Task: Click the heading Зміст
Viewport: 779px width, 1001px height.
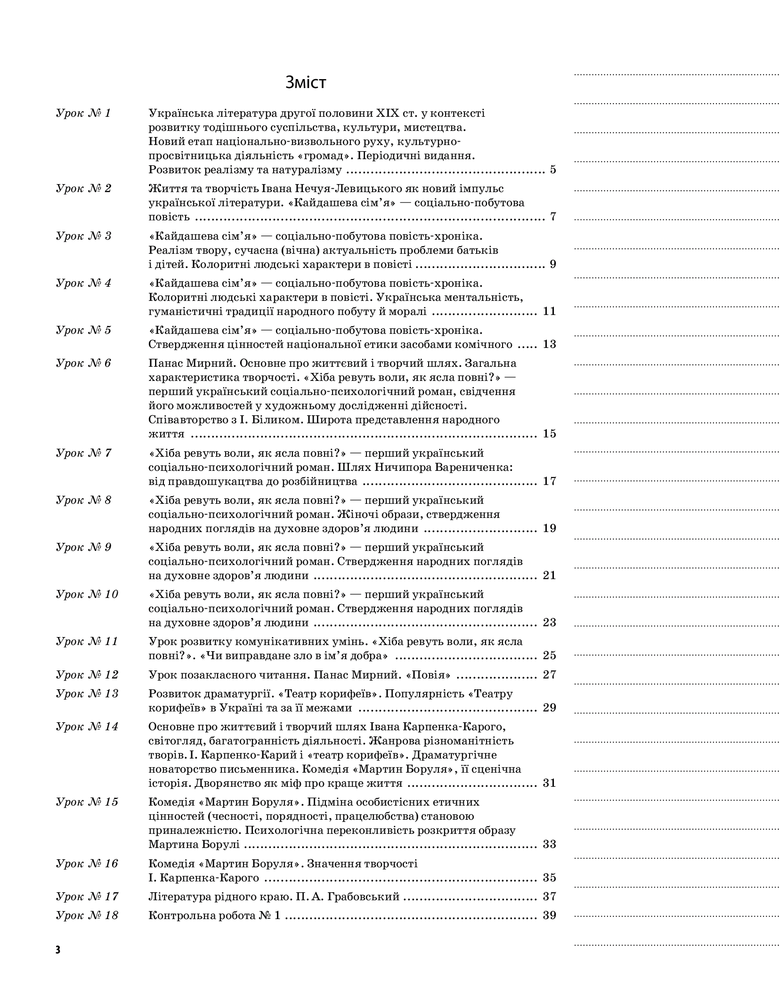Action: [306, 82]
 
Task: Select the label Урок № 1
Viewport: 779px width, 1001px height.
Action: [83, 113]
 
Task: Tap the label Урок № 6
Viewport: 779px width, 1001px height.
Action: [83, 363]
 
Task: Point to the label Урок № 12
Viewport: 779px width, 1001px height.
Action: [87, 674]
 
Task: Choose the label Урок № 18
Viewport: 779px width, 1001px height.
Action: [87, 915]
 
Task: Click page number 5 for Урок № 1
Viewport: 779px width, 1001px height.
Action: [552, 170]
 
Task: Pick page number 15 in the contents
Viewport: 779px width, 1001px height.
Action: [549, 433]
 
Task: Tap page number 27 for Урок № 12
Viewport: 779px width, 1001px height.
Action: [549, 674]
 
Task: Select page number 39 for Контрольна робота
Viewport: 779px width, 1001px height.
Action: [549, 915]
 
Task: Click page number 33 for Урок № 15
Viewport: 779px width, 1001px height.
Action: [549, 844]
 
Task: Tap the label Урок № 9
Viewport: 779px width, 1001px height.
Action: [83, 547]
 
